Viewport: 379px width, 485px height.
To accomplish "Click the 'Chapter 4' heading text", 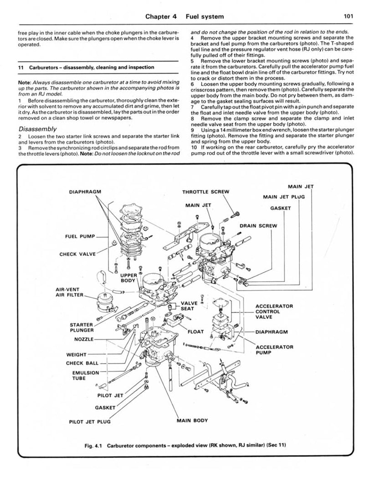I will click(x=161, y=16).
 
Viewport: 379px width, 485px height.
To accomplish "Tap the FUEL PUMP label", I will click(x=80, y=236).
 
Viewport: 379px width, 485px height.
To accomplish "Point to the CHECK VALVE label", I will click(x=78, y=254).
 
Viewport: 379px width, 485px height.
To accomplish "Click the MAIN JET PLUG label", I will click(x=284, y=197).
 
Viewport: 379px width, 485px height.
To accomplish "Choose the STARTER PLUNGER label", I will click(x=82, y=327).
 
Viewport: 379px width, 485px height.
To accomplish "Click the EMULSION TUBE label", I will click(x=86, y=375).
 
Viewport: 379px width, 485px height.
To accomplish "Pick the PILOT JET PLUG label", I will click(x=90, y=421).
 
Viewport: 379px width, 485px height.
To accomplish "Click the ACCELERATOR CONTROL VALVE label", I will click(x=274, y=311).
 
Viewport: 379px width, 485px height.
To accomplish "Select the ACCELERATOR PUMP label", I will click(x=274, y=349).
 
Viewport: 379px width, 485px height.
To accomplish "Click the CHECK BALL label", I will click(x=81, y=363).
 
